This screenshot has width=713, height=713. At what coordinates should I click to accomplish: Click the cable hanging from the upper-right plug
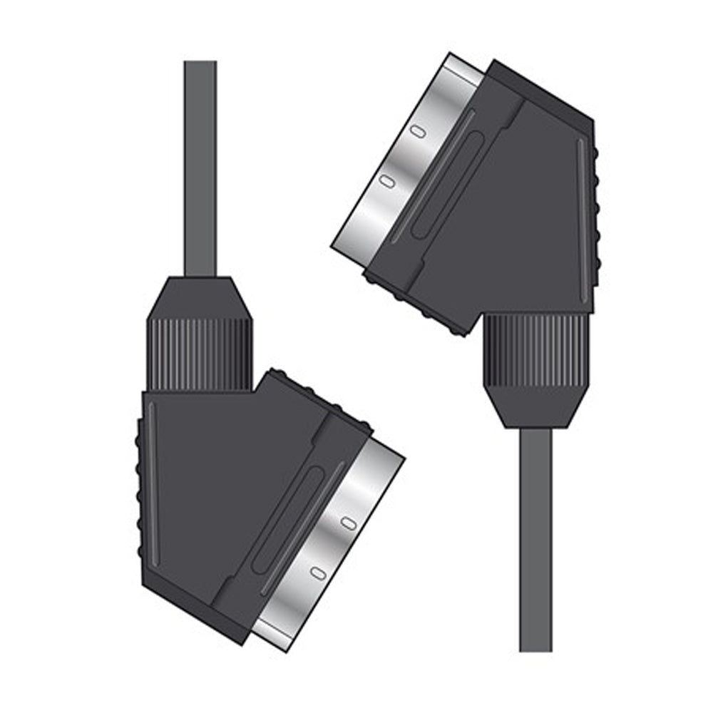tap(535, 542)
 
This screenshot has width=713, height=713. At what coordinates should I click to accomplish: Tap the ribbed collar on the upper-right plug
tap(536, 349)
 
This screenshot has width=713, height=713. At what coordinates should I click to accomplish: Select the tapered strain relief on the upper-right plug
tap(535, 406)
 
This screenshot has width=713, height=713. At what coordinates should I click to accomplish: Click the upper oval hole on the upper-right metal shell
tap(419, 131)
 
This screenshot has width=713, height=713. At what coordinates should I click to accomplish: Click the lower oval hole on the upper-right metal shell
tap(387, 182)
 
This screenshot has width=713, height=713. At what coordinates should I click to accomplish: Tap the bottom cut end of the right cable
tap(535, 649)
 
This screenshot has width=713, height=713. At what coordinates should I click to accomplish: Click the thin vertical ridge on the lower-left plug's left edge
tap(150, 485)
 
